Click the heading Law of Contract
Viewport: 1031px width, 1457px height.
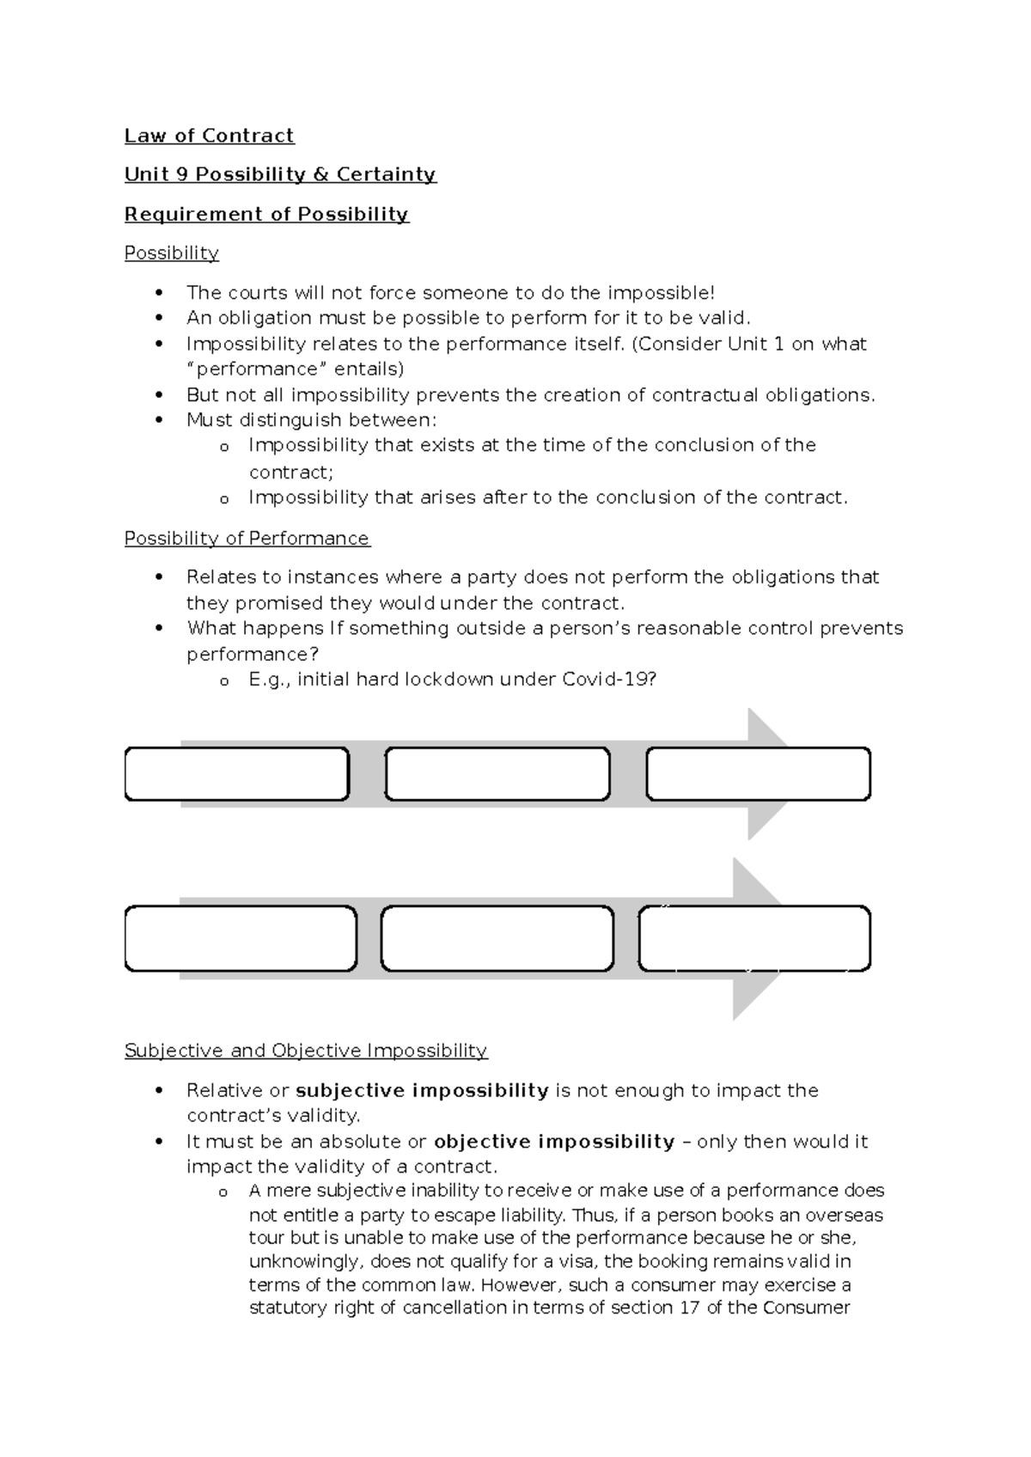click(209, 136)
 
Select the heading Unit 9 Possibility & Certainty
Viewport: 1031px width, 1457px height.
click(280, 174)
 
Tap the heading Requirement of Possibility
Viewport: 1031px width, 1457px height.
click(266, 214)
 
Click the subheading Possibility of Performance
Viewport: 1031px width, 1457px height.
click(247, 539)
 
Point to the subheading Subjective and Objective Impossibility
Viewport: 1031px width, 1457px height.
click(306, 1051)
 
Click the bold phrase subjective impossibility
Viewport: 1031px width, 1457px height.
click(422, 1091)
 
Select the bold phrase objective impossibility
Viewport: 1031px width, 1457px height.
click(554, 1142)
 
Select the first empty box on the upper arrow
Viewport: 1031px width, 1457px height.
click(237, 774)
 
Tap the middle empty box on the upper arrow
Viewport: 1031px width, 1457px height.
click(497, 774)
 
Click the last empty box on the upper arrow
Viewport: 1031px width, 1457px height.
click(758, 774)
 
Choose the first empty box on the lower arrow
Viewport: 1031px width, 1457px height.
click(241, 938)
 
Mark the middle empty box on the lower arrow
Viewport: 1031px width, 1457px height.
click(497, 938)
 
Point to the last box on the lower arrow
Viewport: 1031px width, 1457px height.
click(754, 938)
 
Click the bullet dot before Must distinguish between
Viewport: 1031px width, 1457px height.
click(158, 421)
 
